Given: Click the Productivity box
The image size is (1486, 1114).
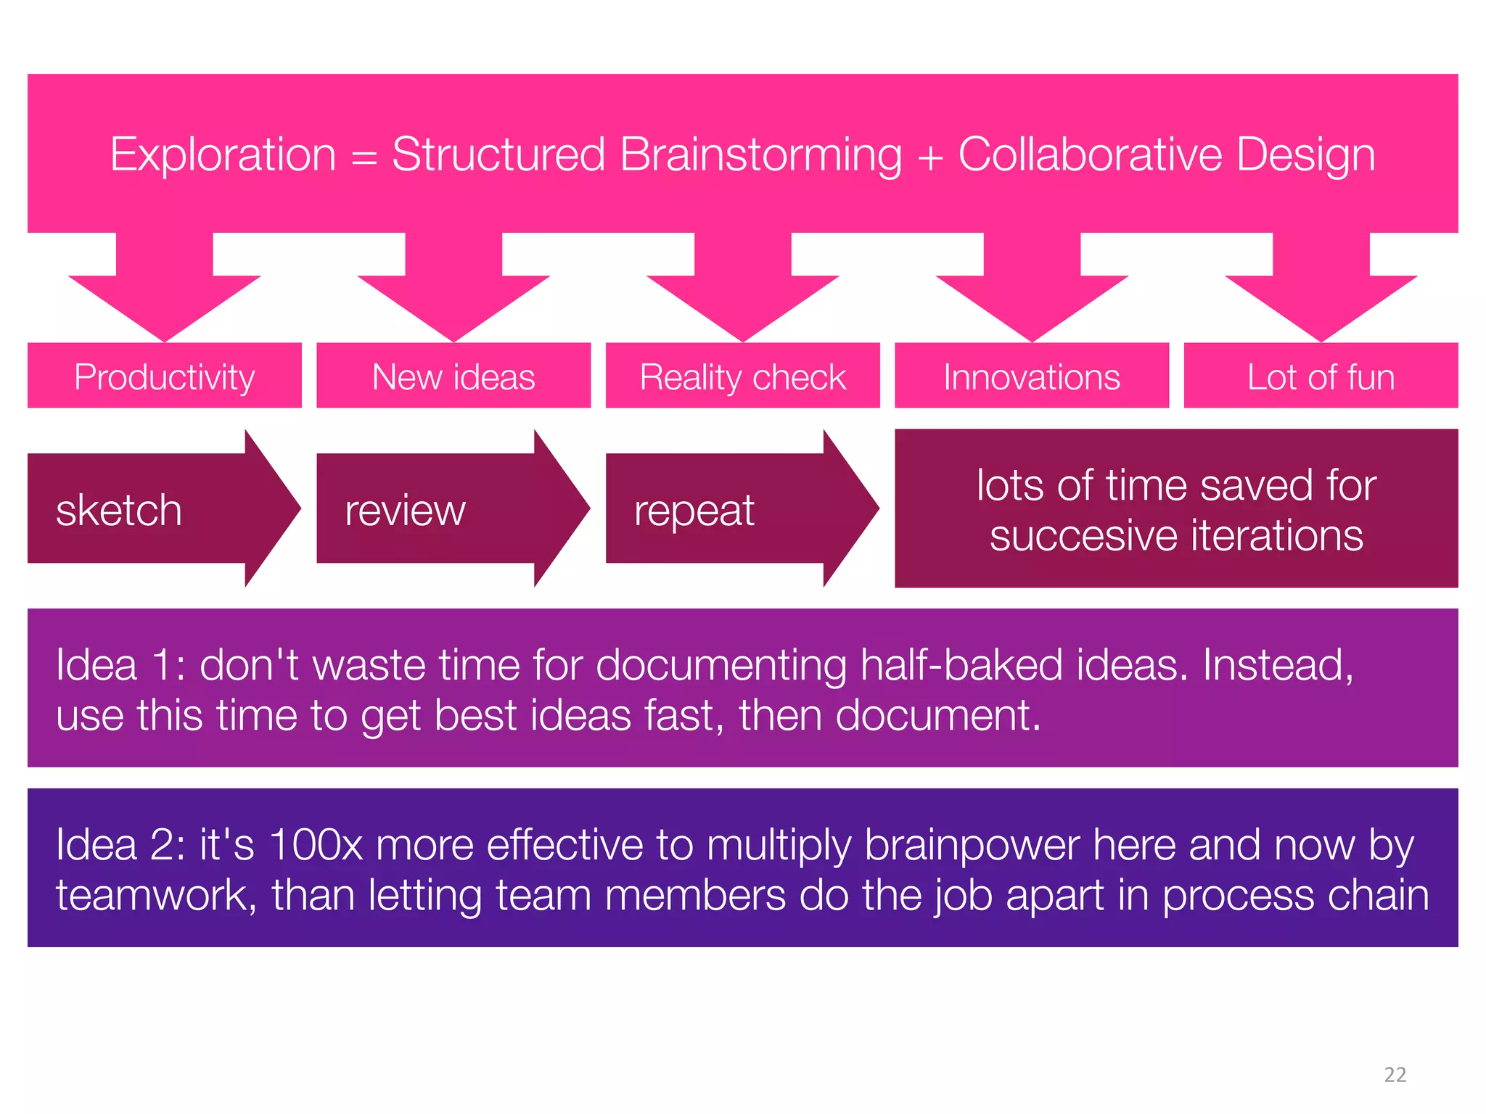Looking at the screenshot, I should [x=164, y=376].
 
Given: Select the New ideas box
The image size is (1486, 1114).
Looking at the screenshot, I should [x=453, y=376].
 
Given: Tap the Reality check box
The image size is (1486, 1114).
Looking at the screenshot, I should [x=742, y=376].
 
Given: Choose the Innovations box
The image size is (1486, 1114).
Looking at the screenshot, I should [x=1031, y=376].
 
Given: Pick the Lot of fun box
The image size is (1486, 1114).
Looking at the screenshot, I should [x=1321, y=376].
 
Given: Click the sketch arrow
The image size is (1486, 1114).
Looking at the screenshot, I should [x=145, y=509].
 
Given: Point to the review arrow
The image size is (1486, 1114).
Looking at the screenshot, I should [x=435, y=509].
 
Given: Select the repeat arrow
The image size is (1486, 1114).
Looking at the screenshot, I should [x=726, y=509].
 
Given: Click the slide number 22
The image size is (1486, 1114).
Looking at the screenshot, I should [x=1395, y=1074].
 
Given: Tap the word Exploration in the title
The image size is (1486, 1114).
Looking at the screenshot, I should [x=223, y=154].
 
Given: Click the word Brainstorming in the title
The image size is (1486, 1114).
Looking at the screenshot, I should [x=760, y=154].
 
